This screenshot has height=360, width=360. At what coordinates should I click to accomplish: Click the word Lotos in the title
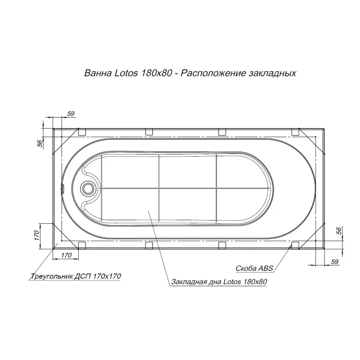(118, 73)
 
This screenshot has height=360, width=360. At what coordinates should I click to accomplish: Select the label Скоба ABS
(254, 268)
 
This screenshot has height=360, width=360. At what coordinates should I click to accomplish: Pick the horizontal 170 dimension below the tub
(66, 256)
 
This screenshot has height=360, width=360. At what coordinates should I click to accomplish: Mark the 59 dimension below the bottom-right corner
(334, 261)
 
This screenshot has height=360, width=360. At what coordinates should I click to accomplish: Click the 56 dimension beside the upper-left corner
(39, 143)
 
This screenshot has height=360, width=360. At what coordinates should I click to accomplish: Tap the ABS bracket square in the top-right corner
(295, 132)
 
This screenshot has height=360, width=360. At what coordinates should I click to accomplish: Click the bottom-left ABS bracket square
(82, 245)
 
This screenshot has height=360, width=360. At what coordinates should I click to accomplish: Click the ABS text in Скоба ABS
(266, 268)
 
